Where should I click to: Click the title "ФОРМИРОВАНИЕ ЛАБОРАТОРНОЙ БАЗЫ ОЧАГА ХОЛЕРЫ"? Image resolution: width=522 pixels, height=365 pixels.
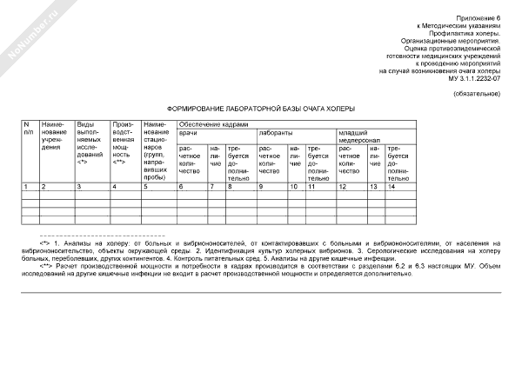(260, 110)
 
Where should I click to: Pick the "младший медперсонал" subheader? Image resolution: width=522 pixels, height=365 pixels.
(358, 139)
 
